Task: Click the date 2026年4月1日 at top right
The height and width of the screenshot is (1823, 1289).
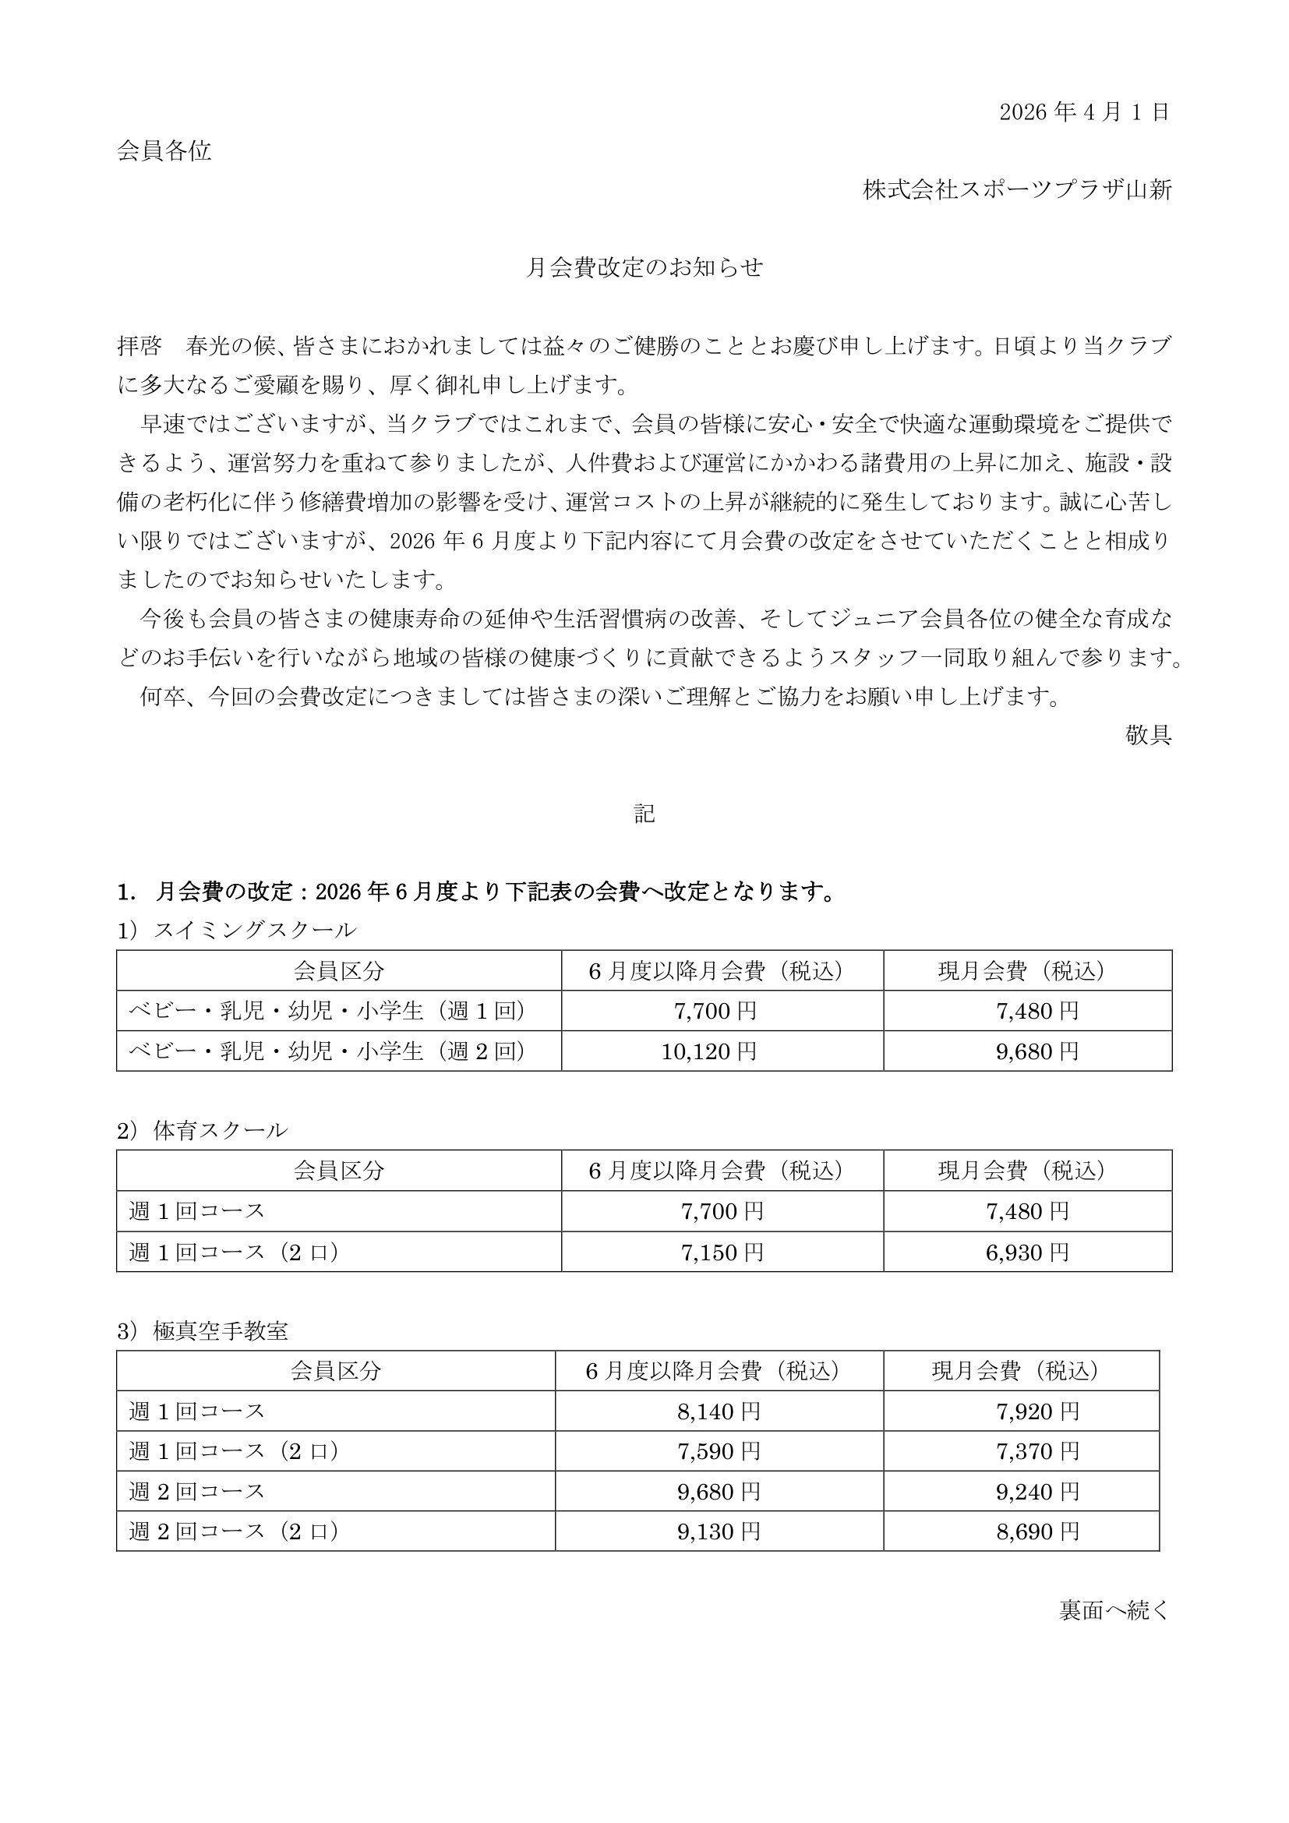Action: pyautogui.click(x=1083, y=112)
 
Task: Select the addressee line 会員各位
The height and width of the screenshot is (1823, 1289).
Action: pyautogui.click(x=164, y=151)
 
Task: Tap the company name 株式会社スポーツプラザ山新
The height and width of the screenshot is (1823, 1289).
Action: pyautogui.click(x=1018, y=189)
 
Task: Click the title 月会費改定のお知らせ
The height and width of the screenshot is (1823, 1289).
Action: pyautogui.click(x=644, y=267)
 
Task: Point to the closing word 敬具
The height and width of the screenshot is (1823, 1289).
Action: pyautogui.click(x=1148, y=735)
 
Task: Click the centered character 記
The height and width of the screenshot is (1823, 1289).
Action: pyautogui.click(x=644, y=813)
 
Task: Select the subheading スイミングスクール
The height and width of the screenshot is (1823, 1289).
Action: pyautogui.click(x=254, y=930)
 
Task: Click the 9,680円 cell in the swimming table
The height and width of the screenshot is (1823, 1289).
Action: pyautogui.click(x=1037, y=1051)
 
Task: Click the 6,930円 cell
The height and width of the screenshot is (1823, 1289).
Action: pyautogui.click(x=1027, y=1252)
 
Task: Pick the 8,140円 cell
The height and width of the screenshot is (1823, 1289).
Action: pyautogui.click(x=719, y=1411)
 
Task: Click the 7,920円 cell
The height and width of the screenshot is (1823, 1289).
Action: pyautogui.click(x=1037, y=1411)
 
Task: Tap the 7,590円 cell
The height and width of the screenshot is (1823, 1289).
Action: pyautogui.click(x=719, y=1451)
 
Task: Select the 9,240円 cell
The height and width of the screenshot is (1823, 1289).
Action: pyautogui.click(x=1037, y=1491)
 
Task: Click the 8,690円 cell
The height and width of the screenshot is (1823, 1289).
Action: pyautogui.click(x=1037, y=1531)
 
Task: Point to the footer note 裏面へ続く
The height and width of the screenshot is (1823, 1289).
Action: pyautogui.click(x=1114, y=1610)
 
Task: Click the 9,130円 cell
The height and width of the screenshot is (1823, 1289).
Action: pyautogui.click(x=719, y=1531)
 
